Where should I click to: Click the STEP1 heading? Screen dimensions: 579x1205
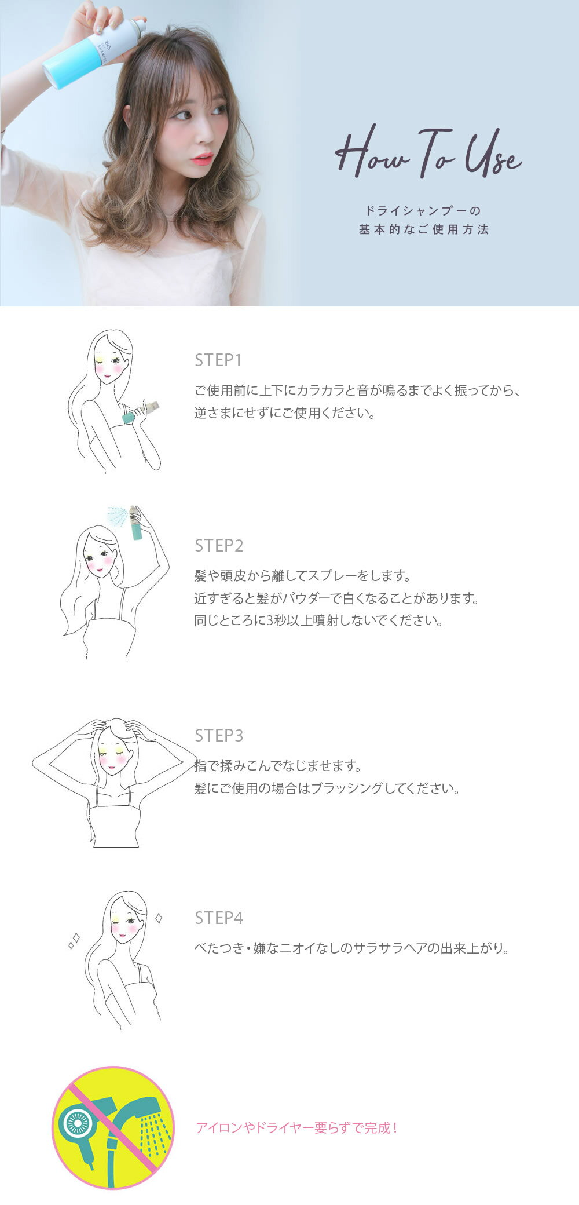(218, 360)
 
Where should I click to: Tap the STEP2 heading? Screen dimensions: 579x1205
(219, 546)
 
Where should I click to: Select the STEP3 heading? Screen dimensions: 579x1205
(219, 736)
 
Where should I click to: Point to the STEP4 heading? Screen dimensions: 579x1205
(219, 918)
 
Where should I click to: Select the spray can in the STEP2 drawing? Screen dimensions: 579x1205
(136, 523)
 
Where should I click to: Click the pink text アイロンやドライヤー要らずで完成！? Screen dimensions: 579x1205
(297, 1127)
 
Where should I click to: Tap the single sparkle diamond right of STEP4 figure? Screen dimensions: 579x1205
(159, 918)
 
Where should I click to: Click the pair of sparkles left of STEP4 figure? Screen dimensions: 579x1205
(74, 941)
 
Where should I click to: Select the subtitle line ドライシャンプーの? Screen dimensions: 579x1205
(424, 210)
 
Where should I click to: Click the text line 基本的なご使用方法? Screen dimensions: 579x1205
(424, 229)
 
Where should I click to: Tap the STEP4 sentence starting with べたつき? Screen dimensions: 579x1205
(352, 948)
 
